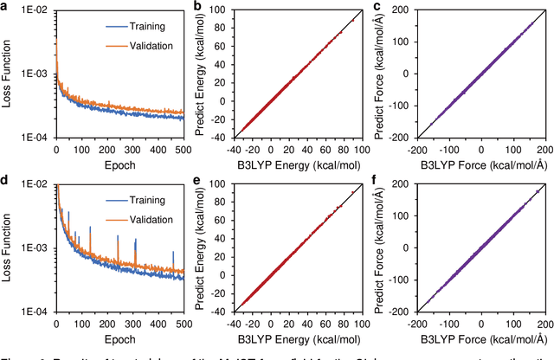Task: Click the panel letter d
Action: pyautogui.click(x=5, y=183)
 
